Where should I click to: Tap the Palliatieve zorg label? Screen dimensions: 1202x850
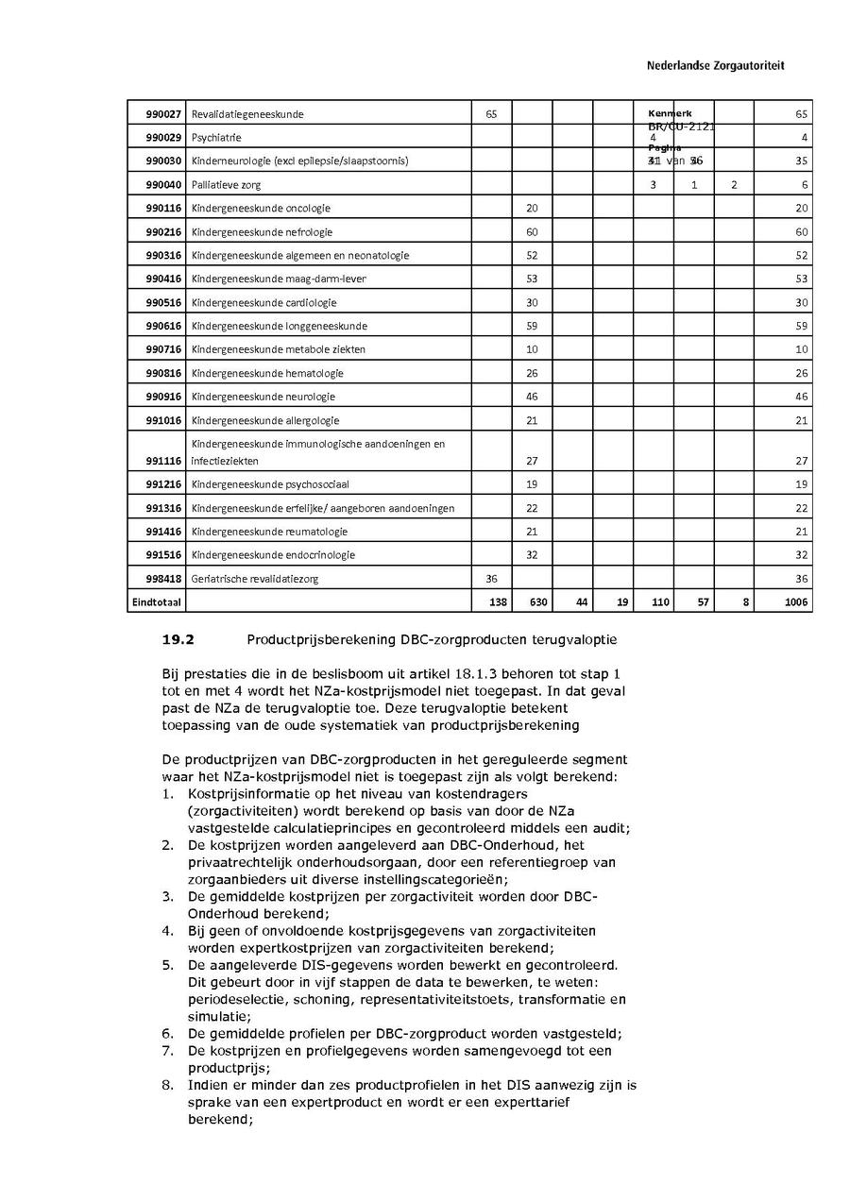point(226,185)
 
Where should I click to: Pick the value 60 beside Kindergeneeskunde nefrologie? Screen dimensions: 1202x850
point(532,232)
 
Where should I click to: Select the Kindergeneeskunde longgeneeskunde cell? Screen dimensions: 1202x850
point(279,327)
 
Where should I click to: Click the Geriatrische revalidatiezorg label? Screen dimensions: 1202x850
point(254,579)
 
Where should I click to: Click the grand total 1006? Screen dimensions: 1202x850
point(796,602)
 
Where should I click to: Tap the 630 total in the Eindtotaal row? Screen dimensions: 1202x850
point(536,602)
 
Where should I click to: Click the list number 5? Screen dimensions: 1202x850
point(166,965)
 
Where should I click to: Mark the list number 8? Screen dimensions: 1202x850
point(166,1085)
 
